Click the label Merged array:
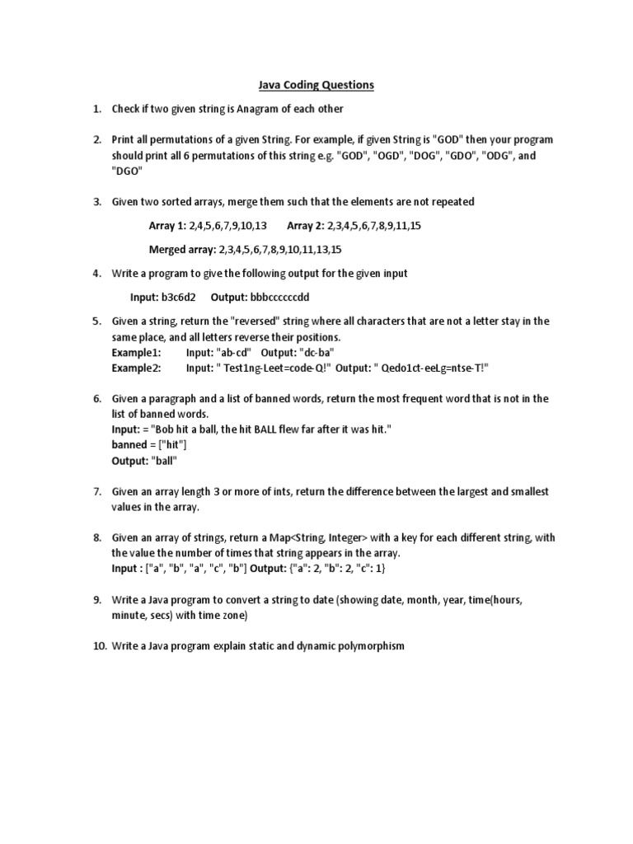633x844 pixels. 179,249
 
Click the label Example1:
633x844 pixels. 137,352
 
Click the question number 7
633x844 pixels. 96,492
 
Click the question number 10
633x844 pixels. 98,646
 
